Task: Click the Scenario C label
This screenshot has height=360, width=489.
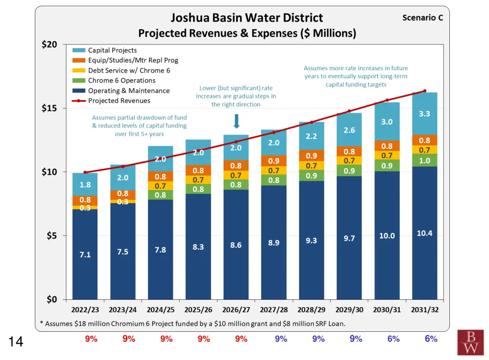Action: pos(423,18)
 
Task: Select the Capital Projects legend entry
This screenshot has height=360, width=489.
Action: pos(112,50)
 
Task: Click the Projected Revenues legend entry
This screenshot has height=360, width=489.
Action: pos(119,101)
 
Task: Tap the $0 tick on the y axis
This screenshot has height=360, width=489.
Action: pos(51,299)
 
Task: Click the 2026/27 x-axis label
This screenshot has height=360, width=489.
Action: pos(236,309)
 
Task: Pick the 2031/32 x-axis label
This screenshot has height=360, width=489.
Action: pos(425,309)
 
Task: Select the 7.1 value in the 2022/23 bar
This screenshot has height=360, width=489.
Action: pos(85,255)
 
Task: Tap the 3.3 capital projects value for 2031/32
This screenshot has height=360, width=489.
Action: pos(425,114)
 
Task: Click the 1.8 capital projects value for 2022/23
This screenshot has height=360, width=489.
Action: pos(85,185)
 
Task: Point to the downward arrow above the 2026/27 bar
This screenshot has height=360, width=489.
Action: pos(236,122)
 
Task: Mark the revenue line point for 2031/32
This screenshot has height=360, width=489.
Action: pos(425,91)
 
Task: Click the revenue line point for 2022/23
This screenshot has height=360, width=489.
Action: pos(85,172)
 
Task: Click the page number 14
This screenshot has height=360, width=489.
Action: pos(16,341)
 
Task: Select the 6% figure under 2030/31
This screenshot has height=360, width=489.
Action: pos(393,339)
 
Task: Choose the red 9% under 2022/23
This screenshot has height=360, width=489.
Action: pos(91,339)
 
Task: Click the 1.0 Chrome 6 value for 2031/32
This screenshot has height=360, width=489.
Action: pos(425,161)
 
